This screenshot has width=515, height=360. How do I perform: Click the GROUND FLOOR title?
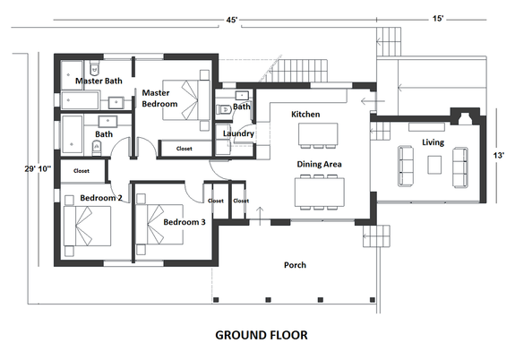pyautogui.click(x=262, y=336)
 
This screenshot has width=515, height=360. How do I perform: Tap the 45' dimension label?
pyautogui.click(x=233, y=20)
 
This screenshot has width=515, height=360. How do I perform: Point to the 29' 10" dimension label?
pyautogui.click(x=38, y=167)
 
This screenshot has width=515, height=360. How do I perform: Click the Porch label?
pyautogui.click(x=296, y=265)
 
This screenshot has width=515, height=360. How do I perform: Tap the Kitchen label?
pyautogui.click(x=305, y=115)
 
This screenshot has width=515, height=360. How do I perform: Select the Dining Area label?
pyautogui.click(x=319, y=164)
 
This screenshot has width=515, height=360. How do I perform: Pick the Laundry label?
pyautogui.click(x=239, y=133)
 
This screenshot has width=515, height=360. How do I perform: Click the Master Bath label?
pyautogui.click(x=99, y=81)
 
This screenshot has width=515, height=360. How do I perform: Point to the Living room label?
pyautogui.click(x=433, y=142)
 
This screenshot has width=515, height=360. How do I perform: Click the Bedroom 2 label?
pyautogui.click(x=100, y=197)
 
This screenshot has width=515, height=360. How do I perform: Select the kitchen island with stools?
pyautogui.click(x=319, y=134)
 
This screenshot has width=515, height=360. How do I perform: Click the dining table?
pyautogui.click(x=319, y=188)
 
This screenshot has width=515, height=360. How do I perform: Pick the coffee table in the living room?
pyautogui.click(x=434, y=164)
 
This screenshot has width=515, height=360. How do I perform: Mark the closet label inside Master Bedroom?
pyautogui.click(x=184, y=149)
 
